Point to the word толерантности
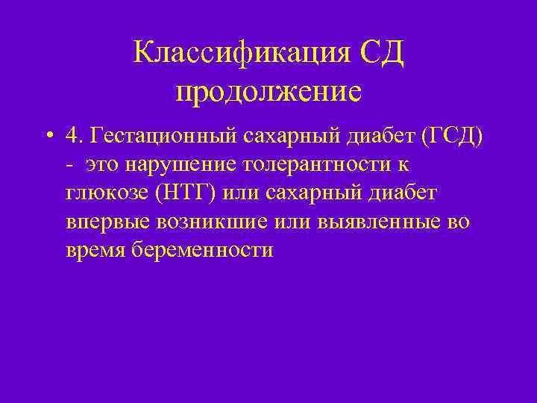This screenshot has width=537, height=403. click(318, 164)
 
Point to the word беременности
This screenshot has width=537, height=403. click(202, 250)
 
